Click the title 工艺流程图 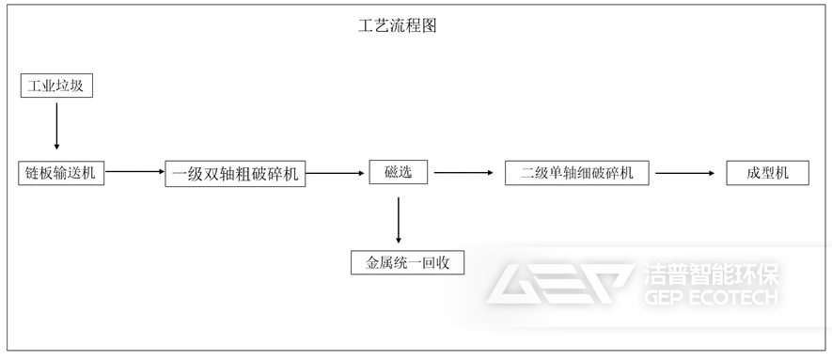point(398,26)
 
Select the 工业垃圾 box point(57,86)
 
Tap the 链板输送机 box point(62,173)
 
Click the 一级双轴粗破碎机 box point(236,174)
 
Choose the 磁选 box point(399,172)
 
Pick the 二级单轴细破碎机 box point(577,173)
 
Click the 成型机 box point(767,173)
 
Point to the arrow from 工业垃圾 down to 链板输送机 point(57,126)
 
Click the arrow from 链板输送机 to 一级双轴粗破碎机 point(134,172)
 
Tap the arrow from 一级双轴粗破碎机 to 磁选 point(335,172)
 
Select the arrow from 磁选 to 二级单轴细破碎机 point(463,172)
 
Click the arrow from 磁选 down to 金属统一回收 point(399,220)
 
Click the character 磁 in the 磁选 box point(391,172)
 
